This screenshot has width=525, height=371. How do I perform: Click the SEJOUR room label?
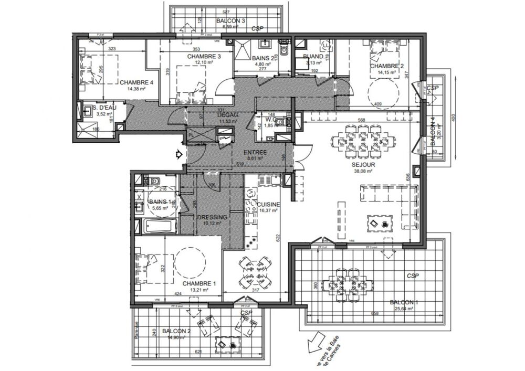(362, 164)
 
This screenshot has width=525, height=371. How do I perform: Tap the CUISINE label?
(268, 204)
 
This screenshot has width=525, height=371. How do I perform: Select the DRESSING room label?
(212, 217)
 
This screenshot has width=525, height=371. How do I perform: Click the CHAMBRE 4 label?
(136, 82)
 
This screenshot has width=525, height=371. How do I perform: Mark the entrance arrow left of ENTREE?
(179, 154)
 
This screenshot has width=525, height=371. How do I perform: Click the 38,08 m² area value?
(362, 171)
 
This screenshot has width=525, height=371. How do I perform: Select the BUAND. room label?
(313, 57)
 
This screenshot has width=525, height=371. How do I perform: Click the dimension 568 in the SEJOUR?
(361, 119)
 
